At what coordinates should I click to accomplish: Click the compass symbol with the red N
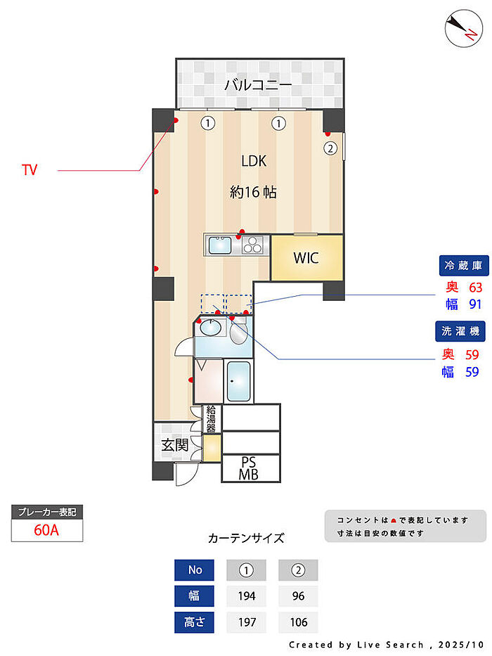[x=463, y=28]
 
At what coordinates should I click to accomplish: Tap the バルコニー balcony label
[x=258, y=85]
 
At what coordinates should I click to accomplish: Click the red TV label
[x=30, y=170]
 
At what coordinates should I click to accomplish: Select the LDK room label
[x=254, y=160]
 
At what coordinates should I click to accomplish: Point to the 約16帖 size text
[x=253, y=192]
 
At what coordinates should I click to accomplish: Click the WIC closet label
[x=306, y=258]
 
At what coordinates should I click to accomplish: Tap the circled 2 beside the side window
[x=330, y=148]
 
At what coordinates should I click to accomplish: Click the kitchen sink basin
[x=219, y=245]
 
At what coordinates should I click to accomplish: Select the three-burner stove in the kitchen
[x=252, y=245]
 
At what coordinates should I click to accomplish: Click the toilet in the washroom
[x=238, y=330]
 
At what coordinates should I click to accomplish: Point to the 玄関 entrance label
[x=175, y=445]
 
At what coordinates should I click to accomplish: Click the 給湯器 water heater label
[x=212, y=419]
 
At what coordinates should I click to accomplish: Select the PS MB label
[x=249, y=468]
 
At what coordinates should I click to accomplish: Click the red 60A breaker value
[x=46, y=530]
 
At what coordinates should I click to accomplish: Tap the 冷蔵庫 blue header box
[x=464, y=265]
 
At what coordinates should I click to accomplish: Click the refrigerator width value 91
[x=475, y=304]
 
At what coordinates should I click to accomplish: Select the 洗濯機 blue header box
[x=460, y=331]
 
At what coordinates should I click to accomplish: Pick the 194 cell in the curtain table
[x=247, y=596]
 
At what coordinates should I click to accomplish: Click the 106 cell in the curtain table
[x=298, y=622]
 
